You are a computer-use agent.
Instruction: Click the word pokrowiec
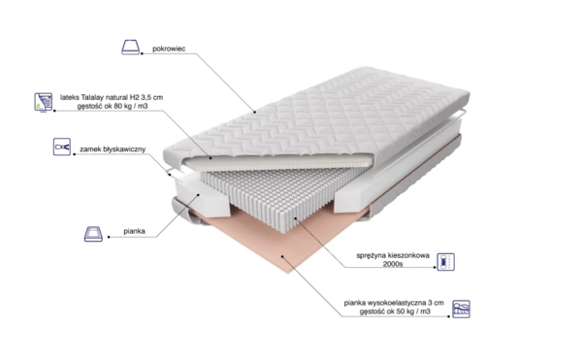pyautogui.click(x=169, y=49)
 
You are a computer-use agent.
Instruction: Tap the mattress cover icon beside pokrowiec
pyautogui.click(x=131, y=48)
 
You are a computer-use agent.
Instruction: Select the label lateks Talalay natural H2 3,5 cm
pyautogui.click(x=112, y=97)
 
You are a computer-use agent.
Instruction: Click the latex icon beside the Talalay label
pyautogui.click(x=44, y=102)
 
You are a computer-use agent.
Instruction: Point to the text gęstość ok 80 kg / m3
pyautogui.click(x=113, y=106)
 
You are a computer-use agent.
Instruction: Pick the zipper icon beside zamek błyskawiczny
pyautogui.click(x=62, y=147)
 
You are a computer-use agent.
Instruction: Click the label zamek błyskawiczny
pyautogui.click(x=113, y=149)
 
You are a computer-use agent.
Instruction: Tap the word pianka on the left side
pyautogui.click(x=134, y=231)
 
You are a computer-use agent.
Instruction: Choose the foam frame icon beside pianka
pyautogui.click(x=93, y=234)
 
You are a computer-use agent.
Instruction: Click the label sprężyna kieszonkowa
pyautogui.click(x=393, y=255)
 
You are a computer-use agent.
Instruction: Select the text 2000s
pyautogui.click(x=393, y=264)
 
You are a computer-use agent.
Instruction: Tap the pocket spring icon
pyautogui.click(x=445, y=262)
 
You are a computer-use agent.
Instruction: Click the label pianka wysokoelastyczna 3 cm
pyautogui.click(x=394, y=303)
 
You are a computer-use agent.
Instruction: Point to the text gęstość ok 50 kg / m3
pyautogui.click(x=395, y=311)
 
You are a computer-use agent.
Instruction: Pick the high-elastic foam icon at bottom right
pyautogui.click(x=461, y=310)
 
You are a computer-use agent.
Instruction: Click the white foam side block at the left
pyautogui.click(x=203, y=197)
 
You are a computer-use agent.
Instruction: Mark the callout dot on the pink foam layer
pyautogui.click(x=282, y=256)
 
